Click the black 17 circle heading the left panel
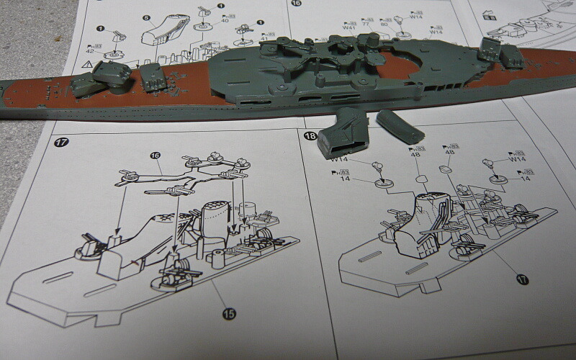pyautogui.click(x=60, y=142)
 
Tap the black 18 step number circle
pyautogui.click(x=310, y=136)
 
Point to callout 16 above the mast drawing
pyautogui.click(x=155, y=156)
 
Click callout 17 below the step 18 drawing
pyautogui.click(x=522, y=279)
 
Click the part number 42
pyautogui.click(x=89, y=50)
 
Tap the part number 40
pyautogui.click(x=225, y=20)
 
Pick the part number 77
pyautogui.click(x=365, y=24)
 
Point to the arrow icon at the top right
pyautogui.click(x=490, y=14)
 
